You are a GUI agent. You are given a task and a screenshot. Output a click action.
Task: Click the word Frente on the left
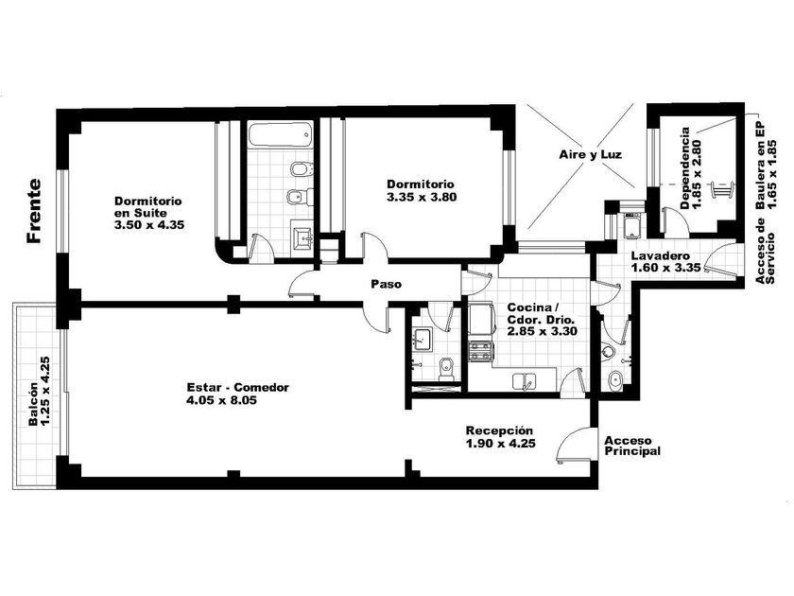coord(34,211)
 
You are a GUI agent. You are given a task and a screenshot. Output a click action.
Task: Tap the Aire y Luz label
coord(591,154)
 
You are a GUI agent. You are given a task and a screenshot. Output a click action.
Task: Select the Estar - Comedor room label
coord(238,388)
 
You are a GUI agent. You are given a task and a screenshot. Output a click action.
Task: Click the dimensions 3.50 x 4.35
coord(149,225)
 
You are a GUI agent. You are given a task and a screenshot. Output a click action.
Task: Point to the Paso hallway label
coord(387,285)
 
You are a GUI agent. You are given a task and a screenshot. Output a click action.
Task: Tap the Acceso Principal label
coord(632,446)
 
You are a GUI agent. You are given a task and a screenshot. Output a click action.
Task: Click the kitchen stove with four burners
coord(480,351)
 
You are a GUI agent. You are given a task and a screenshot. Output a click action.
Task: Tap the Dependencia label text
coord(684,168)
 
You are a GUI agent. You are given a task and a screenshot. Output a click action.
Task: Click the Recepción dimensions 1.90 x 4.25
coord(501,444)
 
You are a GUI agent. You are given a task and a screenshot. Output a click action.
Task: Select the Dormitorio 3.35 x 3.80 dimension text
coord(422,197)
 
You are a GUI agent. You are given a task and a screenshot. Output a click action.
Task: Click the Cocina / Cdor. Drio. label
coord(541,314)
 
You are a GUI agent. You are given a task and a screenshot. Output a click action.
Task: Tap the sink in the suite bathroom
coord(302,237)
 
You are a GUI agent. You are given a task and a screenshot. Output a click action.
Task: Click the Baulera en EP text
coord(761,166)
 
